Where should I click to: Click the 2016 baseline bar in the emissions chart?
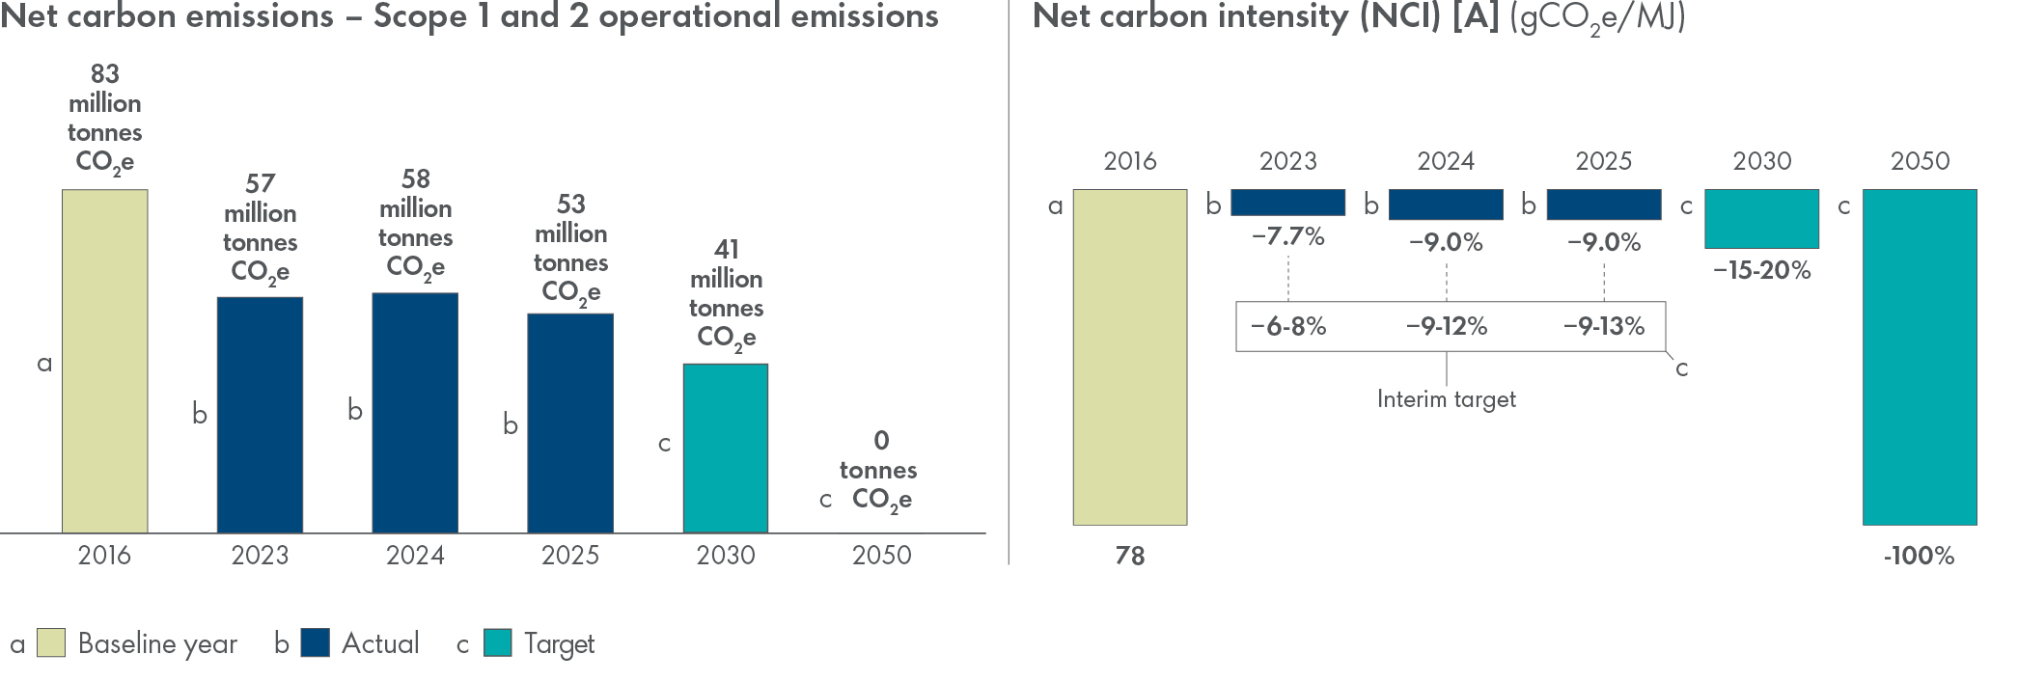104,361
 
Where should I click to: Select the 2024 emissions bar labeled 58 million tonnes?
415,413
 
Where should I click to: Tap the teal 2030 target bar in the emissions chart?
726,449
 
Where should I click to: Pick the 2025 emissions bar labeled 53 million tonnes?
570,423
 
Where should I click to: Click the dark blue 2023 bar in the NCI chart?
1287,203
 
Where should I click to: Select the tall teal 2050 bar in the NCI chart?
1920,357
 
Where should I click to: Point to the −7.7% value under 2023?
1287,236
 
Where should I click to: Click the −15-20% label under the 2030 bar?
1761,270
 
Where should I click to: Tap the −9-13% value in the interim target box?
1604,326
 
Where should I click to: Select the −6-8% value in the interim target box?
1288,326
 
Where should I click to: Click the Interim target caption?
1446,399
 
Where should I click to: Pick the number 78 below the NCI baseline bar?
1130,556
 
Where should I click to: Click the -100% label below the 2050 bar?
1919,556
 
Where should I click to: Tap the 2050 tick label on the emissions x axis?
881,556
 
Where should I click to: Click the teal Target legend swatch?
498,643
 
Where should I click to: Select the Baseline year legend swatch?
51,643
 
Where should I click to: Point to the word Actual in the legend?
380,643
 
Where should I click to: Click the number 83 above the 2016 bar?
104,73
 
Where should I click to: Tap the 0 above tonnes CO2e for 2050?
881,441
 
